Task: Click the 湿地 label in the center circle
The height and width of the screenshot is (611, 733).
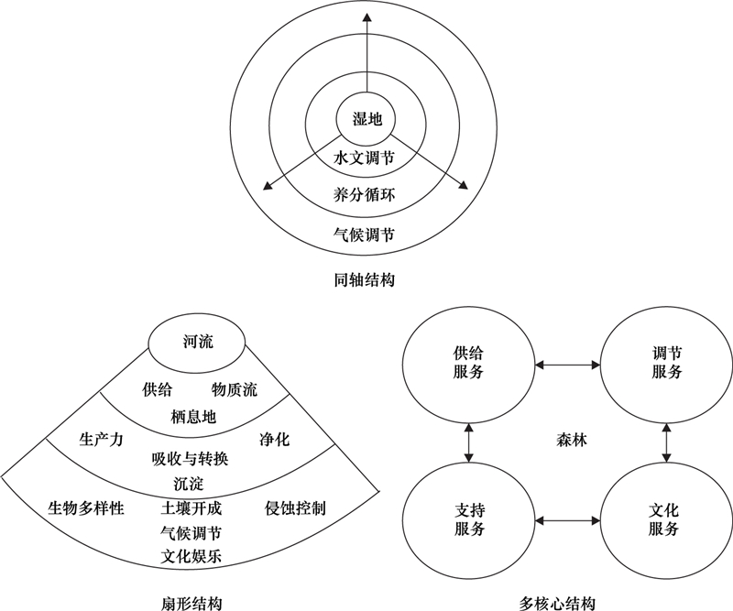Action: [367, 119]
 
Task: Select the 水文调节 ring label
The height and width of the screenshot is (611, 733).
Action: [364, 158]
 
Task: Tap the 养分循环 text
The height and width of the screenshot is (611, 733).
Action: [364, 194]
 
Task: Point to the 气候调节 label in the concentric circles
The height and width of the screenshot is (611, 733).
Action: [364, 234]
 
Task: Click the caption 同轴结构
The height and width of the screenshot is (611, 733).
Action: [364, 280]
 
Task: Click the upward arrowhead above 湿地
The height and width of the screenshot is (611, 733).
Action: [367, 17]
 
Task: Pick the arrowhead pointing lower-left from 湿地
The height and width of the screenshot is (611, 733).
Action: [268, 186]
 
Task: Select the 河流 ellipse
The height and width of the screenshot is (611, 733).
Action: [197, 343]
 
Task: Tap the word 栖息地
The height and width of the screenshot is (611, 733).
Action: [193, 416]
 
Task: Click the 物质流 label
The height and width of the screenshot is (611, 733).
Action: [235, 389]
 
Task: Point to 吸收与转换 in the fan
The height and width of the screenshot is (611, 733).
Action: [190, 459]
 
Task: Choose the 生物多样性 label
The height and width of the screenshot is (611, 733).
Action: [86, 507]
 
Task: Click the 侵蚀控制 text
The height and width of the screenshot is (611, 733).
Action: [295, 507]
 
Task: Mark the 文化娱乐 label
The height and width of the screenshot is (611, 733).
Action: [191, 556]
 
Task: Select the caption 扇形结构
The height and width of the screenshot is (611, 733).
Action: [191, 603]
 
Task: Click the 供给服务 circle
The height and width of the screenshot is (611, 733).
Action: [468, 364]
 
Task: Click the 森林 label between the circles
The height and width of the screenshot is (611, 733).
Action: [571, 440]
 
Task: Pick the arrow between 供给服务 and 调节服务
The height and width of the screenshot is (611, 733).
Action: [567, 365]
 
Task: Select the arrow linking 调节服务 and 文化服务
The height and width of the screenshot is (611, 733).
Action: [666, 442]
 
